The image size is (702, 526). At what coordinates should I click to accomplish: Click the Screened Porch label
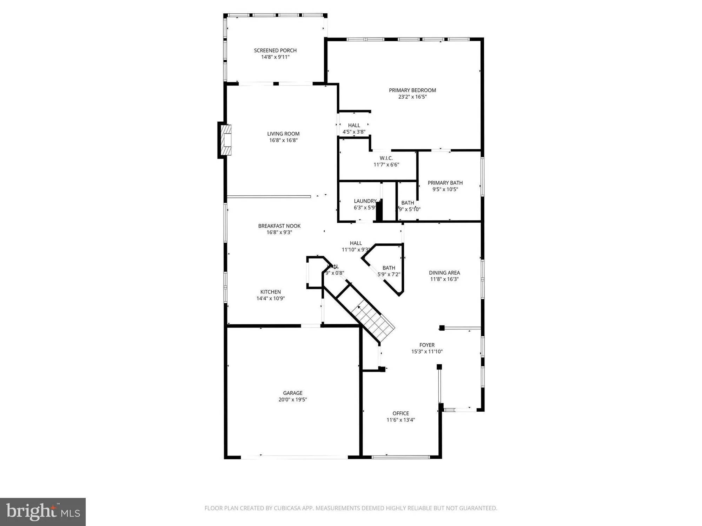coord(275,50)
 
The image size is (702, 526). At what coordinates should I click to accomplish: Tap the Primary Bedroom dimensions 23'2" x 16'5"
coord(412,97)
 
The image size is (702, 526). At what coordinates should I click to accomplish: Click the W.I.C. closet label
coord(386,158)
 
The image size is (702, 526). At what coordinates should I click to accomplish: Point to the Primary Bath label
coord(445,183)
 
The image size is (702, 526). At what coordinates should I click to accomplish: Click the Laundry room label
coord(365,201)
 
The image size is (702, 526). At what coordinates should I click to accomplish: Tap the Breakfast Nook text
coord(279,226)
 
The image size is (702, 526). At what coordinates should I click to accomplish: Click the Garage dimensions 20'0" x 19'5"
coord(293,399)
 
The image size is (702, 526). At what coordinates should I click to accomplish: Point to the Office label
coord(400,413)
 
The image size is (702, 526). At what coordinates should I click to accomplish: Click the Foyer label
coord(427,345)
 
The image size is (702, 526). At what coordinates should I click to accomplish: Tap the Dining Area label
coord(444,273)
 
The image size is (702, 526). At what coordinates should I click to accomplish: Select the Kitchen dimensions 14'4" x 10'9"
coord(271,298)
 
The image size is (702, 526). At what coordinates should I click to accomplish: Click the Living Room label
coord(283,134)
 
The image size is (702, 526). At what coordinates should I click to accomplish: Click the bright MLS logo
coord(43,512)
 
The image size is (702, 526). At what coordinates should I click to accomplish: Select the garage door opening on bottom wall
coord(294,457)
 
